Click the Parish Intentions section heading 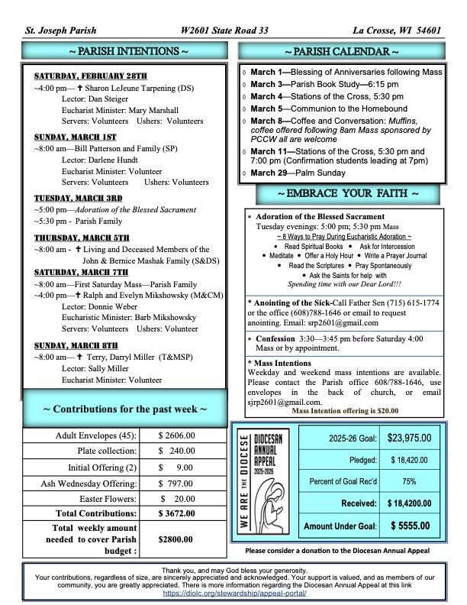pyautogui.click(x=122, y=52)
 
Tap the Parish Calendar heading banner pyautogui.click(x=342, y=52)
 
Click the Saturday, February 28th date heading pyautogui.click(x=90, y=76)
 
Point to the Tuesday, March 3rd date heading pyautogui.click(x=78, y=197)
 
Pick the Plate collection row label pyautogui.click(x=105, y=451)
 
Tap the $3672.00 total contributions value pyautogui.click(x=177, y=514)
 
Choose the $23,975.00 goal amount pyautogui.click(x=409, y=438)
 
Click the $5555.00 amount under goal pyautogui.click(x=410, y=526)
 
